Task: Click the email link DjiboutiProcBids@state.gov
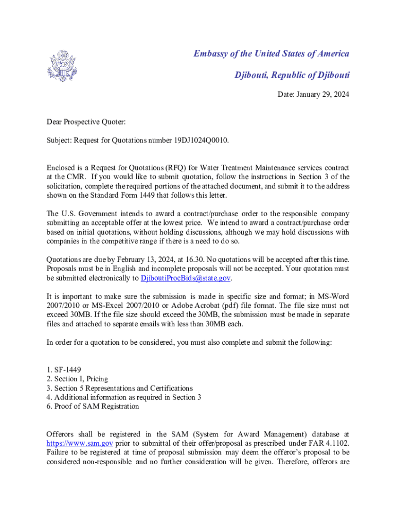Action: click(x=186, y=278)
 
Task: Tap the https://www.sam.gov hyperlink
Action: click(x=80, y=443)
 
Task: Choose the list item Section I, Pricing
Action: click(x=77, y=379)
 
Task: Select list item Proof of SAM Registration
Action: click(x=93, y=407)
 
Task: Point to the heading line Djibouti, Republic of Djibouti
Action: click(x=292, y=75)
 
